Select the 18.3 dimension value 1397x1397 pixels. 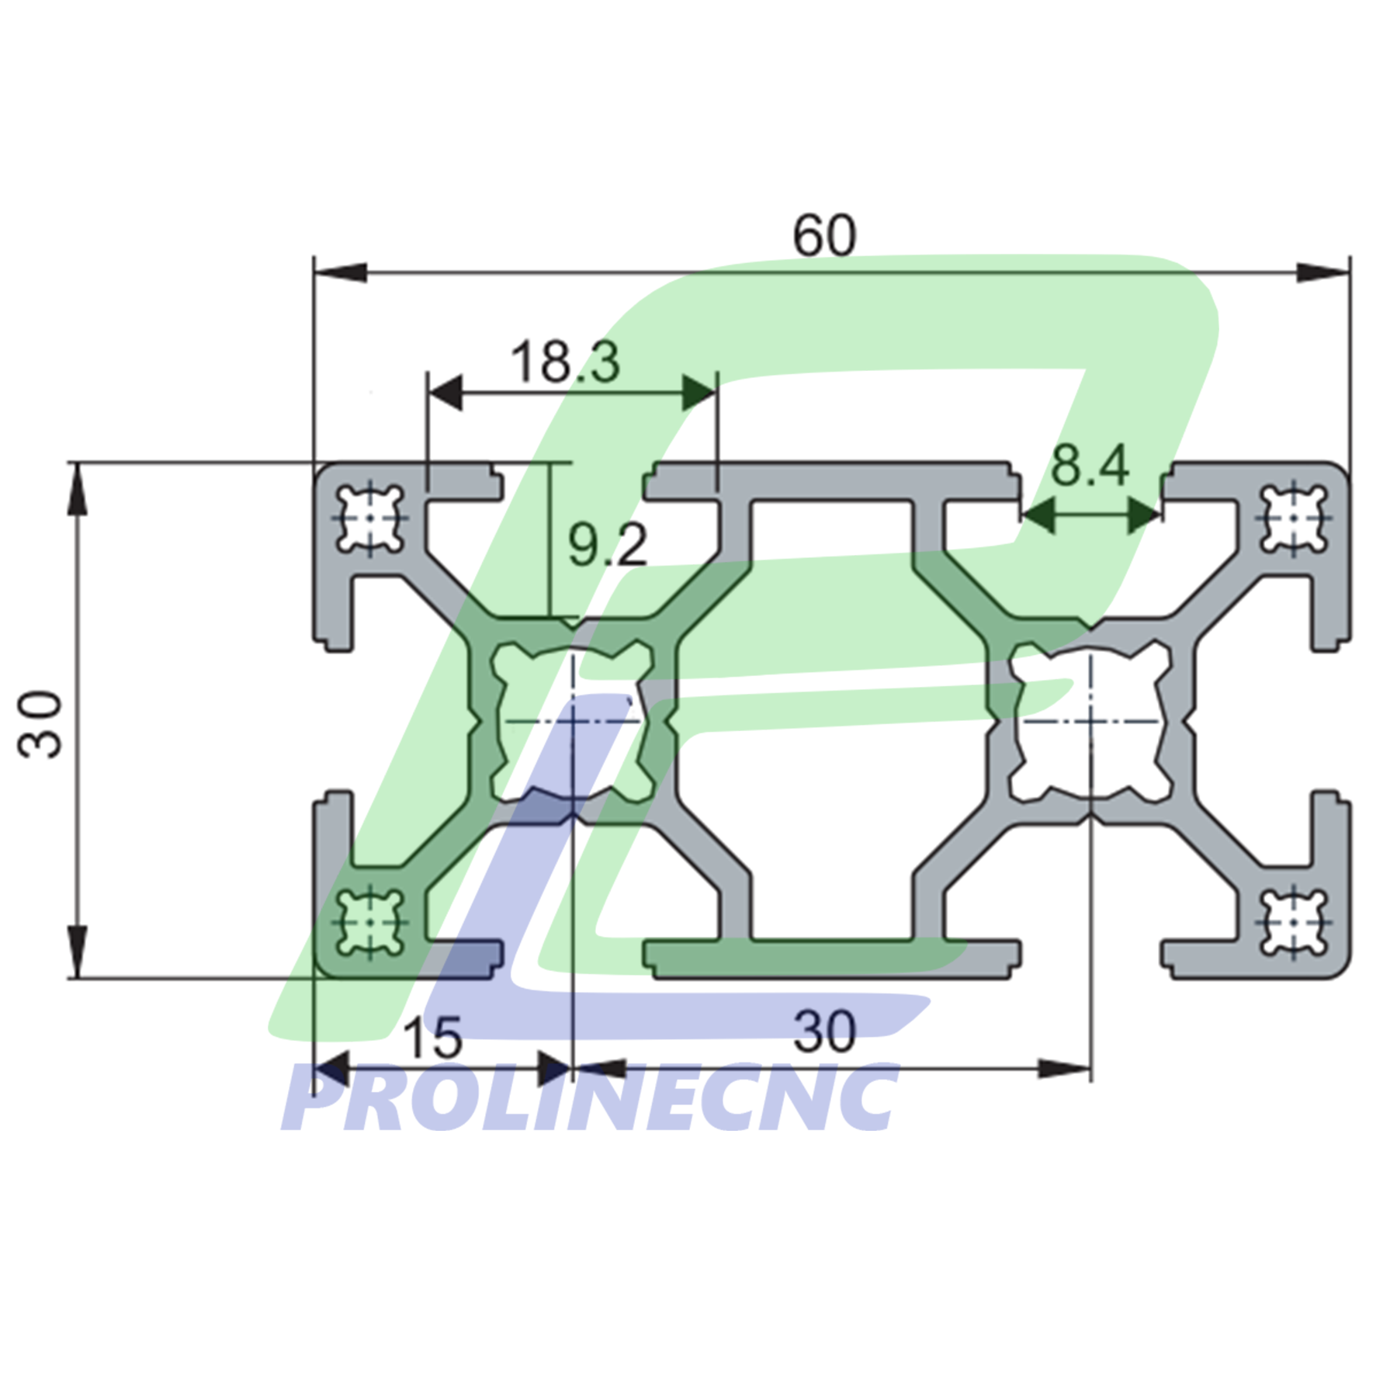coord(565,362)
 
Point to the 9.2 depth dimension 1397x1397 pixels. coord(607,545)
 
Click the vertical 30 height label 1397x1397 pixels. coord(40,723)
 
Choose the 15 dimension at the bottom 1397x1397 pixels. coord(432,1038)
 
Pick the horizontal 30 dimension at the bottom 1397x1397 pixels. coord(824,1032)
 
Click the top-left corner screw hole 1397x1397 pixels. coord(370,518)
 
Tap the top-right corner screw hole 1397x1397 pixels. coord(1293,518)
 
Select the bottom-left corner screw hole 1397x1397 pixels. coord(370,922)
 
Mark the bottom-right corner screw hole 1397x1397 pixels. coord(1293,922)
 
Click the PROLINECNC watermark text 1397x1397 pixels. coord(590,1098)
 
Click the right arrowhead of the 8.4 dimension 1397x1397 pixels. coord(1142,515)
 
